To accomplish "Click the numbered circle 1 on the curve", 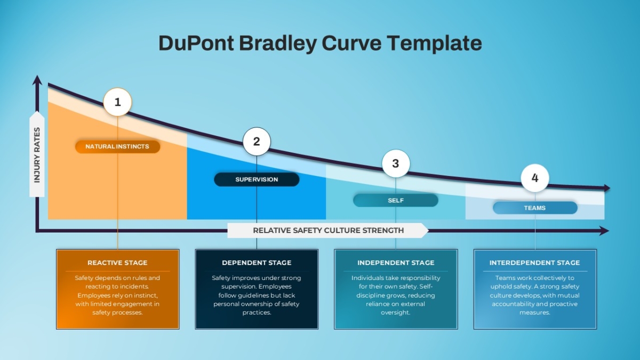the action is [117, 102].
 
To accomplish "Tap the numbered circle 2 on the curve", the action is [257, 141].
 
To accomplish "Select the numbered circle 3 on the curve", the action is [396, 163].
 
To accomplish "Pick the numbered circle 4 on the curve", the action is [535, 178].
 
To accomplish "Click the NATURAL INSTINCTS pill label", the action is [117, 147].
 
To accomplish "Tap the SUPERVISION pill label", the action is [257, 179].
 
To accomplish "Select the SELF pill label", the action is [396, 201].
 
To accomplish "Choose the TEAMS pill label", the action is [535, 207].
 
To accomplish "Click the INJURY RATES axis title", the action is [37, 155].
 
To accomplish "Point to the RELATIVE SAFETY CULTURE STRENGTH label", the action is [329, 230].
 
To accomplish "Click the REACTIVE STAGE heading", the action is [117, 262].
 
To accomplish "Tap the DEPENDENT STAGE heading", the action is [257, 262].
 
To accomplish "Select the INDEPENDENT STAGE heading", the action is [396, 262].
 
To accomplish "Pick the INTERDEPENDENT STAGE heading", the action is [534, 262].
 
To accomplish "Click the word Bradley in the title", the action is [277, 43].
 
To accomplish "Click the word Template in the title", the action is [434, 43].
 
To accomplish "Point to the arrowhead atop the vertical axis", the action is [37, 80].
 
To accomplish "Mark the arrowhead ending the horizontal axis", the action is [604, 230].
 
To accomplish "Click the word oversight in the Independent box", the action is [395, 313].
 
